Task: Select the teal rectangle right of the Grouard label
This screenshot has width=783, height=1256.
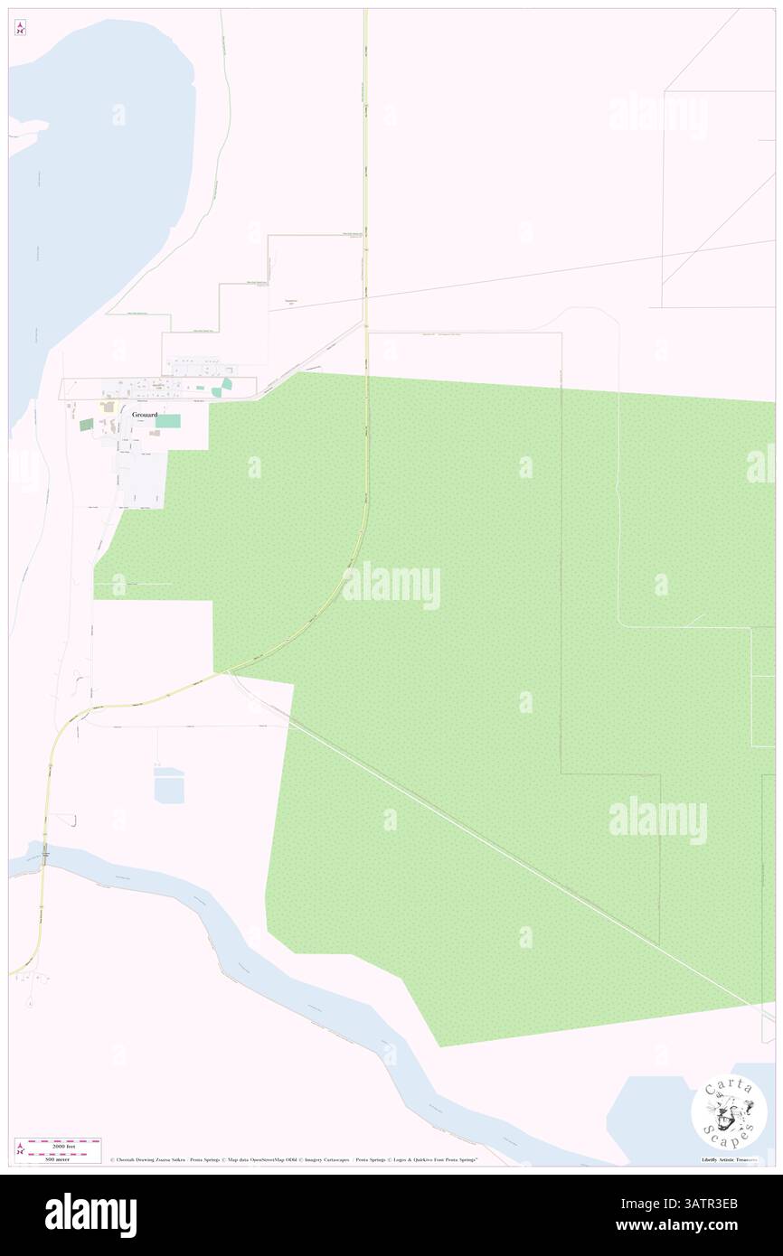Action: pos(168,421)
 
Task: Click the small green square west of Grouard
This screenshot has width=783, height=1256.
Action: pos(86,424)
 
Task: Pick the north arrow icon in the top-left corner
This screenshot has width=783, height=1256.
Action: pos(20,29)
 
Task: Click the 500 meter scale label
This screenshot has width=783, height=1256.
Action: pos(57,1158)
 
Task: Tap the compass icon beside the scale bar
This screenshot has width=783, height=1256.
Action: pos(20,1149)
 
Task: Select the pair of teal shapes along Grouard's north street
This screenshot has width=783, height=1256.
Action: pos(222,388)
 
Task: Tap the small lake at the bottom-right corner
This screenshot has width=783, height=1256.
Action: pos(665,1116)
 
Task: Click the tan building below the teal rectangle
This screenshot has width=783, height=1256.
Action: pos(155,434)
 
